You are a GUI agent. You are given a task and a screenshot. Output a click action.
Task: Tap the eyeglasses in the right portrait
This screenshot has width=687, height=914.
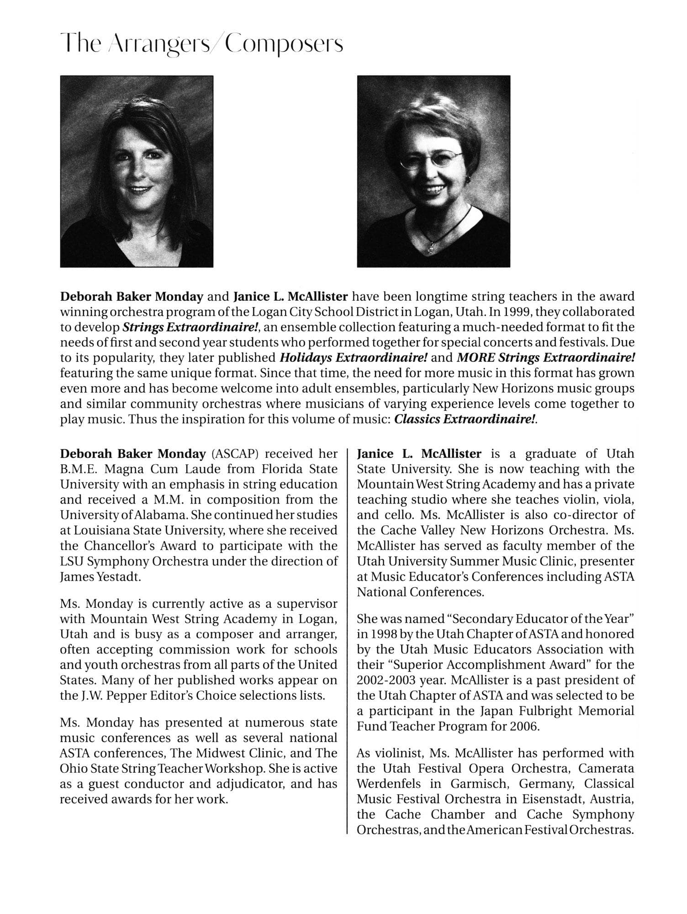tap(431, 160)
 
